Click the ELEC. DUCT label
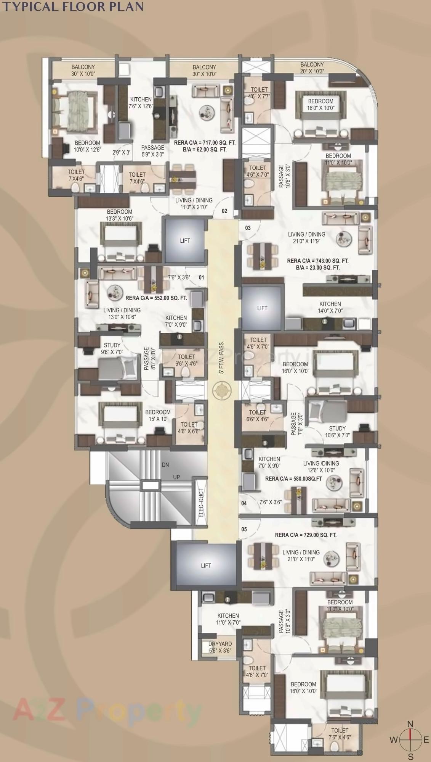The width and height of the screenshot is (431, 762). coord(201,503)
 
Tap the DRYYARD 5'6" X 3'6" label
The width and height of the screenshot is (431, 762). coord(220,647)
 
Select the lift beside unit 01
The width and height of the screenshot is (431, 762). coord(185,240)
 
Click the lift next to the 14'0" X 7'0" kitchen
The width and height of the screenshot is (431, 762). coord(262,308)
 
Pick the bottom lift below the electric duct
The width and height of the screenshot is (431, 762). coord(206,565)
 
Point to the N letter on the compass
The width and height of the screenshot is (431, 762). coord(410,724)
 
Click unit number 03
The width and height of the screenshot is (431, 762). coord(248,228)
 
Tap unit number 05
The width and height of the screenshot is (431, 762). coord(244,529)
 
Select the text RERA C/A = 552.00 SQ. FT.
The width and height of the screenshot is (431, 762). coord(156,298)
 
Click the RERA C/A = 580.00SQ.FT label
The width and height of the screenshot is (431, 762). coord(293,478)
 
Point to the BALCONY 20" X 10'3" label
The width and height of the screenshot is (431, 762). coord(312,68)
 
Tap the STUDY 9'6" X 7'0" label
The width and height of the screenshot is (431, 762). coord(112,348)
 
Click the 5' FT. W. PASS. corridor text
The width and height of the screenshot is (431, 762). coord(221,357)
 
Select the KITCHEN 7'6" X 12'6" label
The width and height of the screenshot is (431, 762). coord(141,103)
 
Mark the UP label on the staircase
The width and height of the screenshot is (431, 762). coord(176,477)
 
